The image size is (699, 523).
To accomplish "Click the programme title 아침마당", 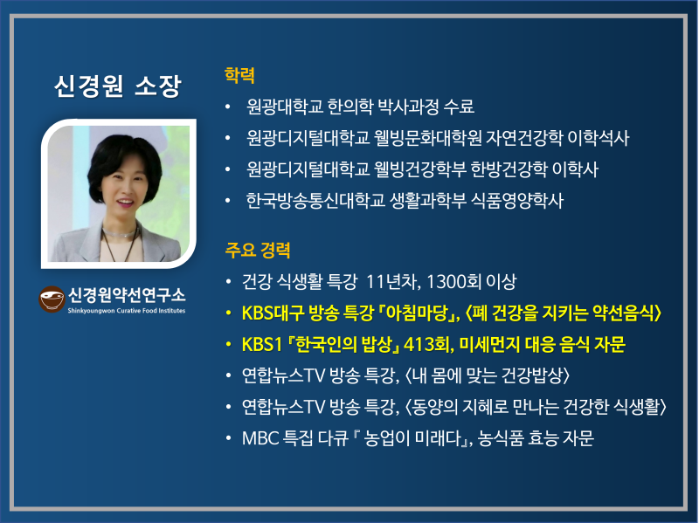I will [x=414, y=313].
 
